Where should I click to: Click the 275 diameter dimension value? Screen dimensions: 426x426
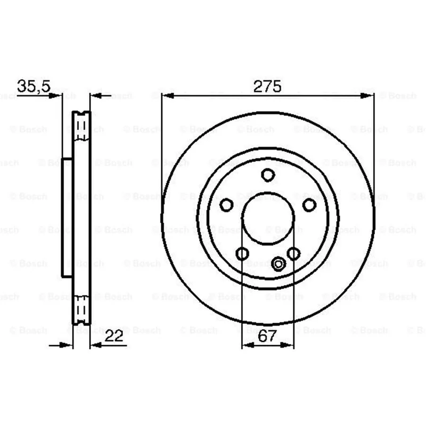tap(267, 87)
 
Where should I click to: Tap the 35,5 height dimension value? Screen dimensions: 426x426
tap(34, 86)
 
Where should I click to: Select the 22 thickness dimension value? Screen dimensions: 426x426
tap(114, 336)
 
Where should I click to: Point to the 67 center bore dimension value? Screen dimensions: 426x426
tap(267, 336)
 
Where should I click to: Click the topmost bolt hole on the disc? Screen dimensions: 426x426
tap(268, 175)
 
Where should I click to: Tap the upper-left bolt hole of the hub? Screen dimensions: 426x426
tap(226, 205)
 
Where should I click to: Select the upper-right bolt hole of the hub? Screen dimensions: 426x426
tap(309, 205)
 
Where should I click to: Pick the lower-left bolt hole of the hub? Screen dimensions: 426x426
tap(242, 254)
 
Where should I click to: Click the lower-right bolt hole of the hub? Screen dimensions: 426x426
tap(294, 254)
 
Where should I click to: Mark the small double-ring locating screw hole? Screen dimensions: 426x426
tap(278, 264)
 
